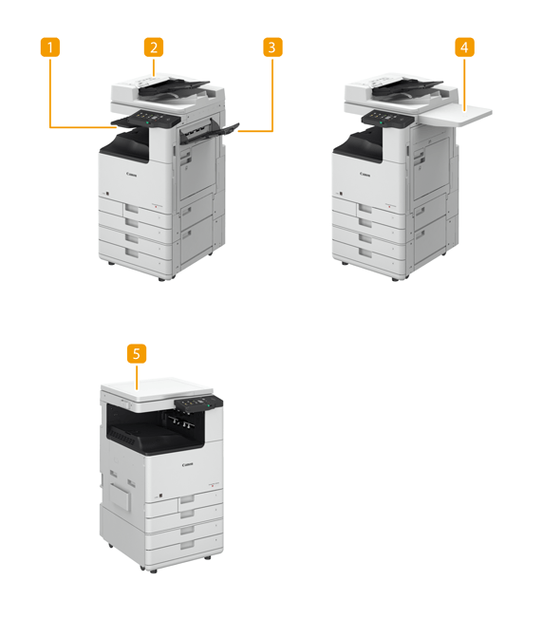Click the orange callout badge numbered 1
coord(50,47)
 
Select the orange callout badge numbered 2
coord(154,47)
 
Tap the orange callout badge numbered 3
coord(272,47)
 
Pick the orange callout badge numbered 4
coord(464,47)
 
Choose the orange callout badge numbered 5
coord(137,353)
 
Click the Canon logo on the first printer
coord(132,174)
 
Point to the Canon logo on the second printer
coord(365,174)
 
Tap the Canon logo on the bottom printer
coord(187,464)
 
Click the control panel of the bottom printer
coord(197,404)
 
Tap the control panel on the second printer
coord(387,119)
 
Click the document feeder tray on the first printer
coord(174,87)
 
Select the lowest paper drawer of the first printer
coord(135,254)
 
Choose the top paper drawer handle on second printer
coord(365,209)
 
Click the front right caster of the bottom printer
coord(208,557)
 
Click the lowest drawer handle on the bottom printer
coord(188,546)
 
